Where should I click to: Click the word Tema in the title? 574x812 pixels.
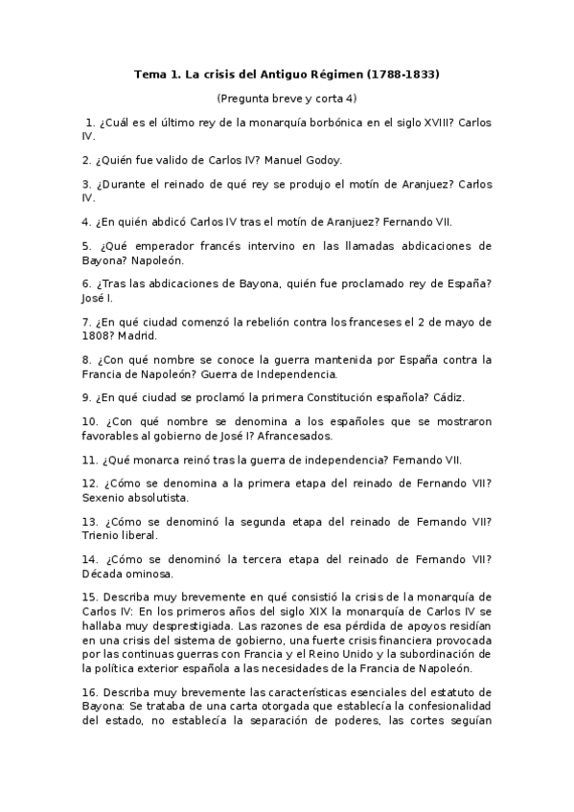point(149,74)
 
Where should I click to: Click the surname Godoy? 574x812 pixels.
point(322,160)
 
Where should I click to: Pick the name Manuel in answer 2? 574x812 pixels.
point(284,160)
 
